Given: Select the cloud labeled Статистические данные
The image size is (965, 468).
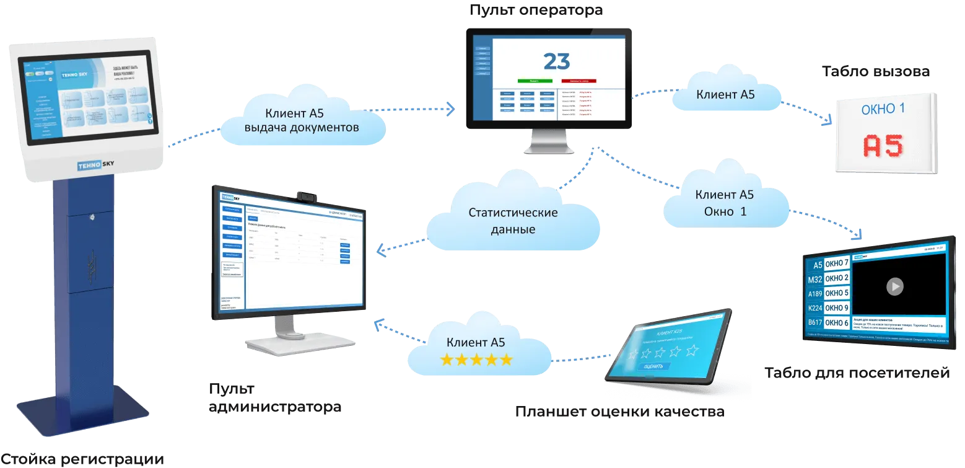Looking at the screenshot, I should [513, 221].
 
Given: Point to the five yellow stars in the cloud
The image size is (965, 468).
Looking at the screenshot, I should [476, 360].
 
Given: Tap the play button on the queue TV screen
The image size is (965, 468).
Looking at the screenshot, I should [894, 286].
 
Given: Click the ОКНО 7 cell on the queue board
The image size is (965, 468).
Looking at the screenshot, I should [836, 264].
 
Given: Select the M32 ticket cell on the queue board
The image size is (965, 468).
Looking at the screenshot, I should [814, 279].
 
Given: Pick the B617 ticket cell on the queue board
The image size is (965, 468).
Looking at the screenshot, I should [814, 323].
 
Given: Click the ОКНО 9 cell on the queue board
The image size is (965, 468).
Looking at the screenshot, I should [836, 308].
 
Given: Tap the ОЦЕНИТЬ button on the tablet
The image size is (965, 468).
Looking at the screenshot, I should [653, 366].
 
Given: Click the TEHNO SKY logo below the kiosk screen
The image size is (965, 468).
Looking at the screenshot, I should [95, 166].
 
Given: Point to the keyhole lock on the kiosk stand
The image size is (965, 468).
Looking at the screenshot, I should [92, 218].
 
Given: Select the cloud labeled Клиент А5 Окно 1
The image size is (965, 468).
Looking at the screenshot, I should [725, 202].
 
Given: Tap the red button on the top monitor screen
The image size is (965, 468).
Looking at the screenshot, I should [579, 81].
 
